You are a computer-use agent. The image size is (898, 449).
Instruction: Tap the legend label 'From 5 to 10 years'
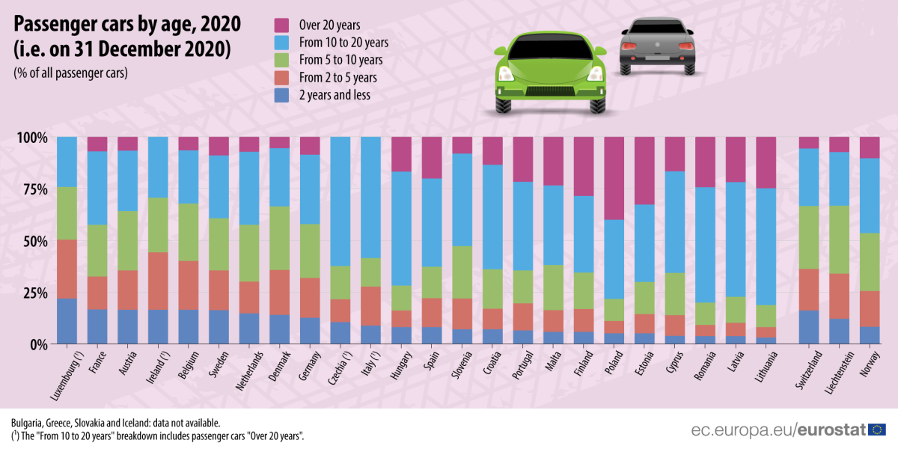pyautogui.click(x=340, y=60)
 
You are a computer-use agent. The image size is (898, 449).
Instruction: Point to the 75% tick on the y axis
pyautogui.click(x=31, y=190)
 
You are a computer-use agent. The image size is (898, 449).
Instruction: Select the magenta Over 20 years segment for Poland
pyautogui.click(x=614, y=178)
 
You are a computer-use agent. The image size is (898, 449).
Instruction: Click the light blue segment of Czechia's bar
pyautogui.click(x=340, y=201)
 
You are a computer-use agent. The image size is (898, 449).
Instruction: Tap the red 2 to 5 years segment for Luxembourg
pyautogui.click(x=67, y=269)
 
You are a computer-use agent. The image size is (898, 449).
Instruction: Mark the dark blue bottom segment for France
pyautogui.click(x=97, y=326)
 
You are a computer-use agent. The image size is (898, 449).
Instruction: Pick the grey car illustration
pyautogui.click(x=655, y=46)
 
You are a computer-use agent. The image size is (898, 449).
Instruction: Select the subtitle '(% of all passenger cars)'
pyautogui.click(x=70, y=73)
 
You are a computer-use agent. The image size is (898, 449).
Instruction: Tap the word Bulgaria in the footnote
pyautogui.click(x=28, y=423)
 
